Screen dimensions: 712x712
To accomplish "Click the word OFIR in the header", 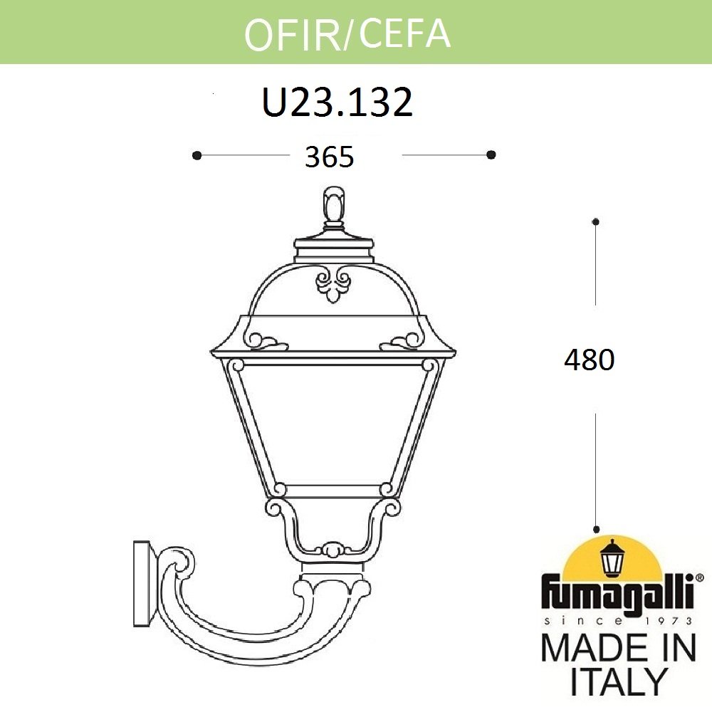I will point(293,33).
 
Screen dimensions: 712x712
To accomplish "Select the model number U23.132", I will point(337,103).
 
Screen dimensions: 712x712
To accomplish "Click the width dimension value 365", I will point(329,157).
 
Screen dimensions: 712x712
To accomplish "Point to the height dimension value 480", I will point(589,361).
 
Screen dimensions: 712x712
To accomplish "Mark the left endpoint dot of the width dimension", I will point(197,155).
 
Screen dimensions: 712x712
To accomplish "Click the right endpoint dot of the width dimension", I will point(491,155).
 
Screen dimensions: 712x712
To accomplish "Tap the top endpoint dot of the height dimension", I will point(596,222).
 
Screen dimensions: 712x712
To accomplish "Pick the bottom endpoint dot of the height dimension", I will point(596,529).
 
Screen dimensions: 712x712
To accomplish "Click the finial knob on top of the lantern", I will point(333,204).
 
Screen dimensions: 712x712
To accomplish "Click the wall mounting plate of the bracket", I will point(141,585).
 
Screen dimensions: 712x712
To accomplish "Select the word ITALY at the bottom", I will point(618,682).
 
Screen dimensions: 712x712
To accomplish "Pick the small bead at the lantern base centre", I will point(331,550).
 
